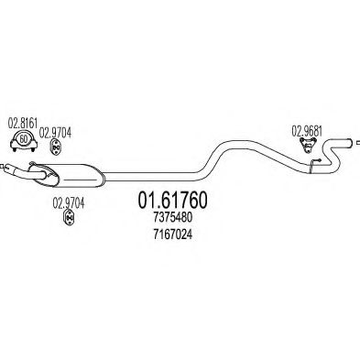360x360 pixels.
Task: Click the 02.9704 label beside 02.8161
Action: [56, 132]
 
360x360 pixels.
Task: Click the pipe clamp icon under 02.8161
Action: [22, 142]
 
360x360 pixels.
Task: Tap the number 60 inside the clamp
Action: [22, 143]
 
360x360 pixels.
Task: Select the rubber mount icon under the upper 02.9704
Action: [55, 146]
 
